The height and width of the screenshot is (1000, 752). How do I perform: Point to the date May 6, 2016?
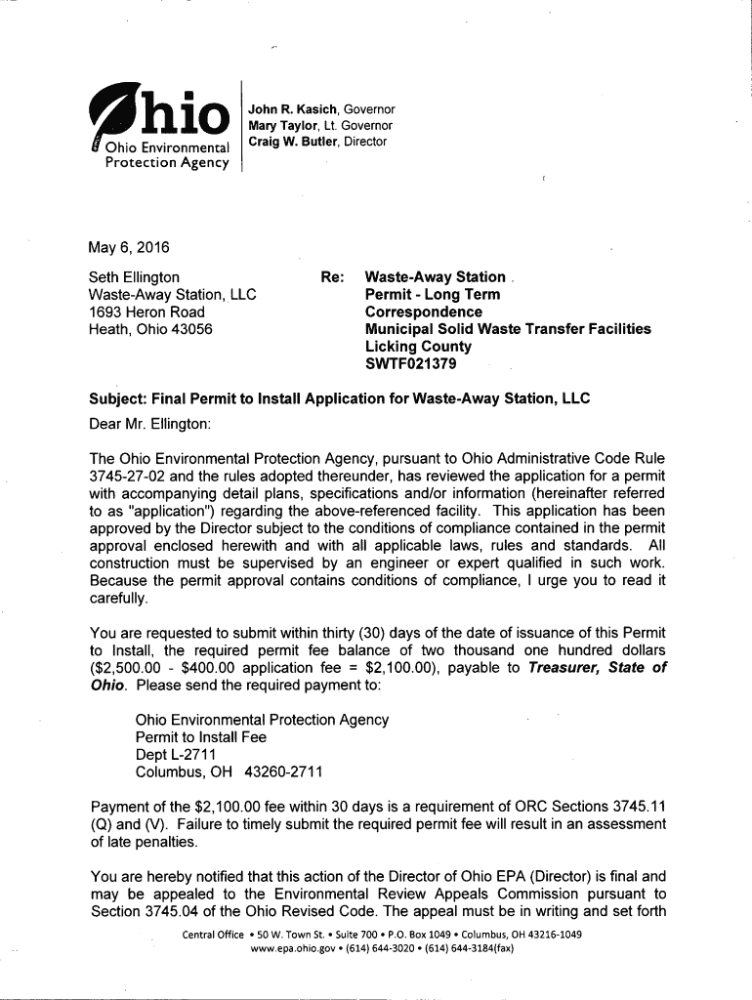(128, 244)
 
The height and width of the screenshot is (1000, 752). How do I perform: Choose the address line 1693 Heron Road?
(146, 312)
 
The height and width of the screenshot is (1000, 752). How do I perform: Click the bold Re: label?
(331, 277)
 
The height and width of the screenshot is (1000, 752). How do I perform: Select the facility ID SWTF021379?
(409, 364)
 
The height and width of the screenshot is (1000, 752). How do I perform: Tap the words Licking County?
(417, 347)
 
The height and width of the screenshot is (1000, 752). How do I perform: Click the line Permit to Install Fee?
(201, 737)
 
